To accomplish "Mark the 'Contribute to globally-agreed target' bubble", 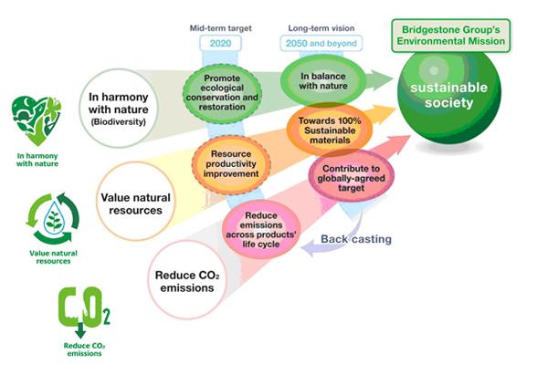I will pyautogui.click(x=349, y=179).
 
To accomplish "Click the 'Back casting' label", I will pyautogui.click(x=354, y=239).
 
